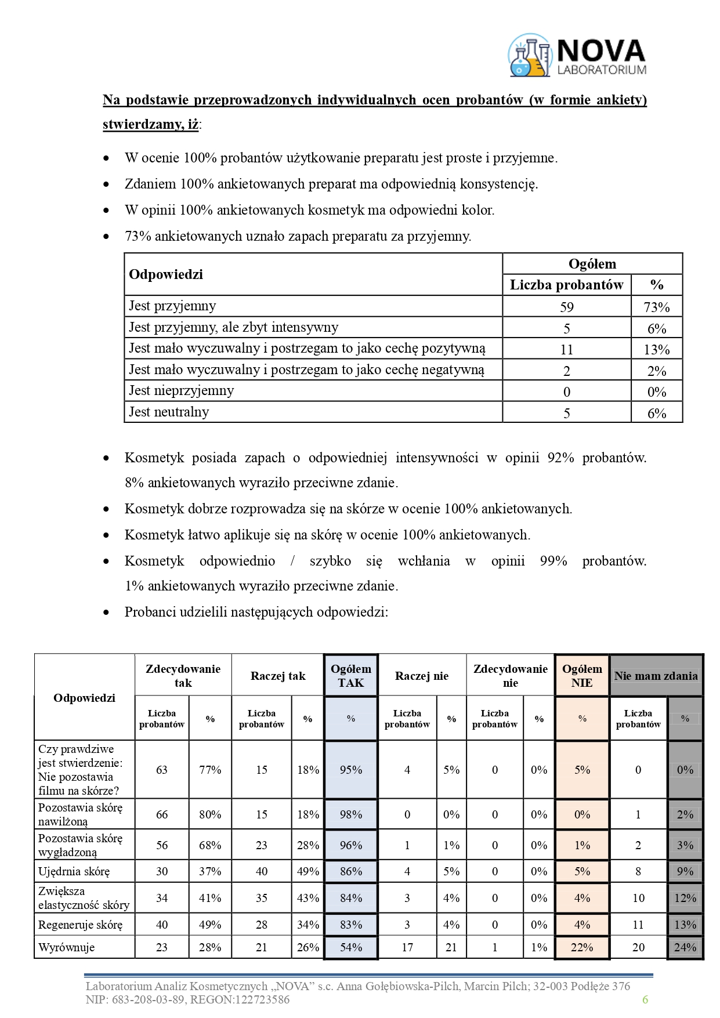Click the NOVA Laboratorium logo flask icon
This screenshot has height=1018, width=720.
pos(529,56)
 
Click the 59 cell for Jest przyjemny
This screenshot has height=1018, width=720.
pos(566,307)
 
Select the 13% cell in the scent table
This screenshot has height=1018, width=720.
pos(656,349)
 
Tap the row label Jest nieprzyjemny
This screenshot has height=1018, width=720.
pos(181,390)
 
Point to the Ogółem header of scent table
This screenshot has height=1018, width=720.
pos(592,264)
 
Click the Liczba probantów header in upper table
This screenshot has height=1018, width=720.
pos(566,285)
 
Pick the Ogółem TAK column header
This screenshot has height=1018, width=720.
pos(350,676)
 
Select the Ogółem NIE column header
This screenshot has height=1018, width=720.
pos(582,676)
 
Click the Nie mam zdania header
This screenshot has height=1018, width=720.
pos(656,676)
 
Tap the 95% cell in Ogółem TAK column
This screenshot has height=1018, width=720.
pos(350,770)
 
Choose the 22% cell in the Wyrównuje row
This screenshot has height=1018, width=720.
pos(582,947)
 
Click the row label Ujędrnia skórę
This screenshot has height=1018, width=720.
pos(74,871)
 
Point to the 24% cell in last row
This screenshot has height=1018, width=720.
pos(685,947)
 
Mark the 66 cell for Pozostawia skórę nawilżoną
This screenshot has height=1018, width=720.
pos(162,814)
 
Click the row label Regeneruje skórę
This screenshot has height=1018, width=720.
pos(80,925)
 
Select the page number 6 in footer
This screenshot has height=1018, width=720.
pos(645,999)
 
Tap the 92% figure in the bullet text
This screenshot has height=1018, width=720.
pos(560,458)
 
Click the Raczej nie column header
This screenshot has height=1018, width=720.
pos(422,676)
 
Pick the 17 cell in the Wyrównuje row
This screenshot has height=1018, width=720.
pos(407,947)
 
